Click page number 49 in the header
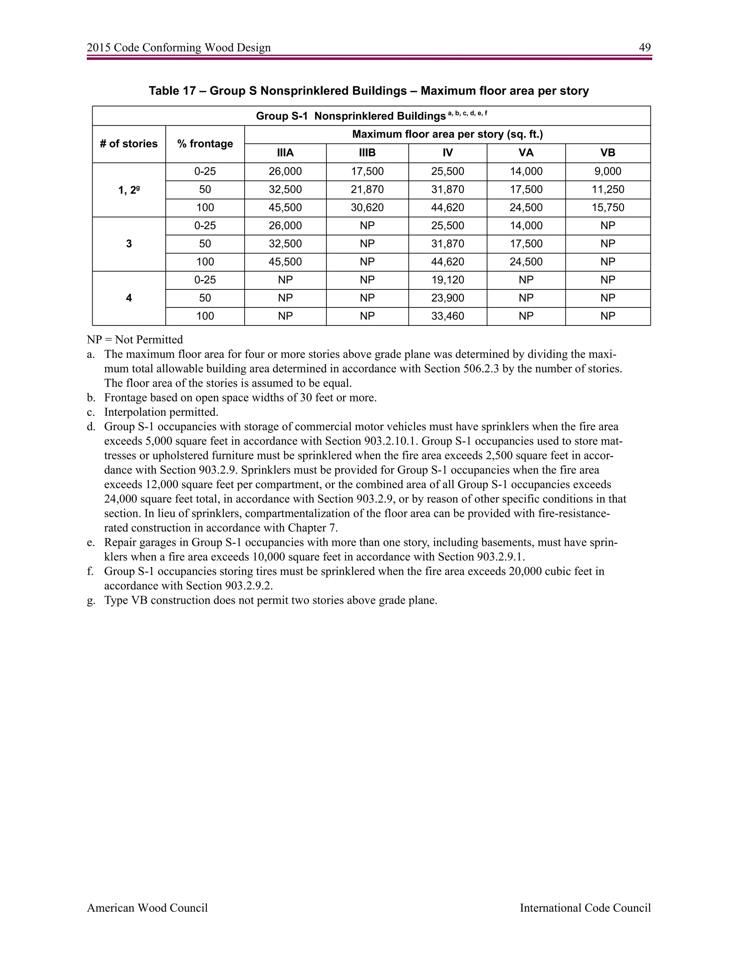[x=644, y=48]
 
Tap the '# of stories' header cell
[x=129, y=144]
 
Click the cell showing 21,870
[x=367, y=189]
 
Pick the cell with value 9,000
[x=607, y=172]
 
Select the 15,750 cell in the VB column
[x=607, y=208]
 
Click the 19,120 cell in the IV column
[x=447, y=280]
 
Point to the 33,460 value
[x=447, y=316]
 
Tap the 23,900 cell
[x=447, y=298]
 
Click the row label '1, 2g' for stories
[x=129, y=190]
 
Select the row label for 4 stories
[x=129, y=298]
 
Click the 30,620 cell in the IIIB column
[x=367, y=208]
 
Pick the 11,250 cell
[x=607, y=189]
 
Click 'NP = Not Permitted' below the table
[x=135, y=340]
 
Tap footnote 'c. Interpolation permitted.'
[x=160, y=412]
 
